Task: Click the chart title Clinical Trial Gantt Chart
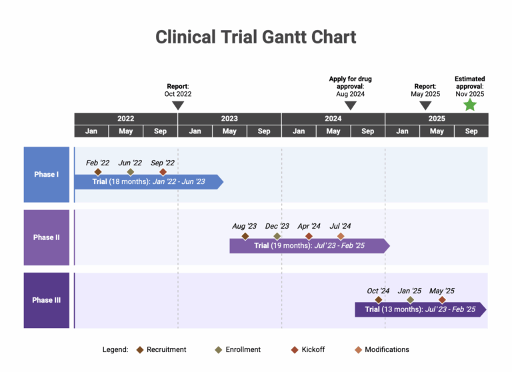click(x=256, y=37)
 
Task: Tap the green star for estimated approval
click(x=470, y=105)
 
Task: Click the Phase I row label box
click(x=47, y=175)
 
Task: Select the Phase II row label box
click(x=47, y=237)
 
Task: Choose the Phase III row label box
click(x=47, y=300)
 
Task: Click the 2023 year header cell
click(x=229, y=119)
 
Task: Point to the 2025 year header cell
click(x=437, y=119)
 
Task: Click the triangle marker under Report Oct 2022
click(x=178, y=105)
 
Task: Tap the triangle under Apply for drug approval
click(x=351, y=105)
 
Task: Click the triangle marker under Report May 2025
click(x=425, y=105)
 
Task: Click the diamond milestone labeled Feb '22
click(x=98, y=172)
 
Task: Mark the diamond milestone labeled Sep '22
click(x=163, y=172)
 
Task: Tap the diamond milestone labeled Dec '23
click(x=277, y=236)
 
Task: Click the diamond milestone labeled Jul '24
click(x=341, y=236)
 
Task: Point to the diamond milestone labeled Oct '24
click(x=378, y=300)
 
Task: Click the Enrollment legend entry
click(x=238, y=349)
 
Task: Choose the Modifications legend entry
click(x=381, y=349)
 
